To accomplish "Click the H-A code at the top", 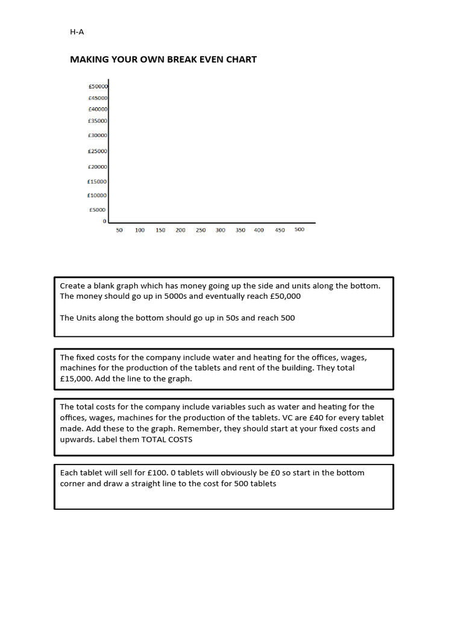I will (77, 33).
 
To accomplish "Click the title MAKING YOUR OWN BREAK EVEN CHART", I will (163, 59).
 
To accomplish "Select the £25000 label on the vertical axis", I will (98, 151).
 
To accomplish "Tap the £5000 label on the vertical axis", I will (98, 210).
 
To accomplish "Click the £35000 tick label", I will (98, 121).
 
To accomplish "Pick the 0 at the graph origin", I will (104, 221).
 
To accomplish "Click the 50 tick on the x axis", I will (119, 230).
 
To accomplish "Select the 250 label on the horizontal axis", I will (201, 230).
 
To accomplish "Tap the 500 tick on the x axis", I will (300, 230).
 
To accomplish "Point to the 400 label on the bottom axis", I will (259, 230).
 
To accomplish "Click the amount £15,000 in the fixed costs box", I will (77, 378).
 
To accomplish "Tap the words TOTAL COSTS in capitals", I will (166, 439).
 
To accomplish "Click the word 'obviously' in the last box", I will (224, 472).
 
